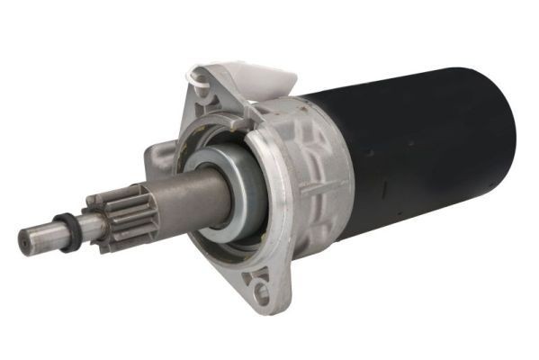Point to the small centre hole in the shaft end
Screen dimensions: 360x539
coord(24,240)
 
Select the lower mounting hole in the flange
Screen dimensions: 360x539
coord(261,291)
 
